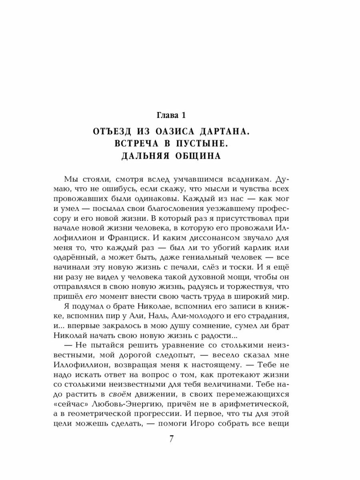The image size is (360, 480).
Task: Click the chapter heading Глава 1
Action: [x=180, y=116]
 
